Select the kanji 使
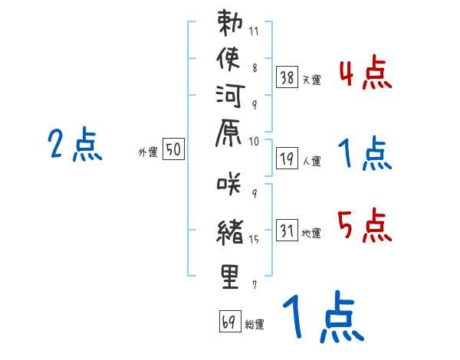[228, 59]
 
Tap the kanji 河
[230, 96]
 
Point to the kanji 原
[228, 133]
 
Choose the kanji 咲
[229, 184]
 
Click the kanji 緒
[230, 232]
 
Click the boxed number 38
[287, 77]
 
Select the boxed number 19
[287, 159]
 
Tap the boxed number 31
[287, 230]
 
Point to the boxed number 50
[173, 149]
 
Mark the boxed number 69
[230, 321]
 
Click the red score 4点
[366, 73]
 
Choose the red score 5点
[365, 225]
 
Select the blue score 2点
[75, 144]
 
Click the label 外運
[148, 152]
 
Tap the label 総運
[255, 325]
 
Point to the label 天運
[311, 80]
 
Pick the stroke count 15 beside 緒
[254, 240]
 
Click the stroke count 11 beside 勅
[254, 31]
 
